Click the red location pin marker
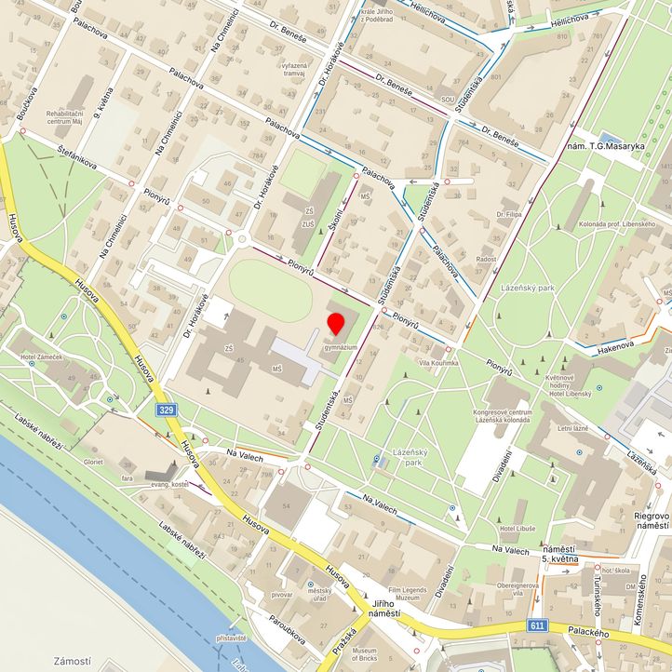pyautogui.click(x=336, y=325)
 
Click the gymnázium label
pyautogui.click(x=340, y=347)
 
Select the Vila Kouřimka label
pyautogui.click(x=439, y=362)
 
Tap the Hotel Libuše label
pyautogui.click(x=517, y=528)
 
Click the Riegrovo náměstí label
pyautogui.click(x=652, y=520)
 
